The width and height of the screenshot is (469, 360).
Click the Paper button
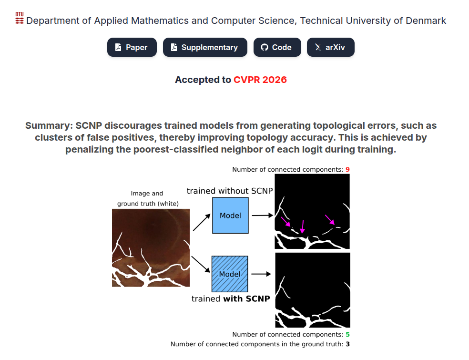point(132,47)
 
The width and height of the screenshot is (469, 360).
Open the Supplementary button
point(205,47)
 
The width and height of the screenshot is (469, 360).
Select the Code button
point(277,47)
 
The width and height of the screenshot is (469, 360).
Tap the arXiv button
point(330,47)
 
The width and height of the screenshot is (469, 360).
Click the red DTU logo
point(20,19)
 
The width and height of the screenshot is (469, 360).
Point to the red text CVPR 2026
point(260,80)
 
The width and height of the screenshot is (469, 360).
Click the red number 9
point(348,169)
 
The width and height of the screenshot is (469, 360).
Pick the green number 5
point(348,334)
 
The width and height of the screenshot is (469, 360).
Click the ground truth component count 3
point(348,344)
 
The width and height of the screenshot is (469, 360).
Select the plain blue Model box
point(230,216)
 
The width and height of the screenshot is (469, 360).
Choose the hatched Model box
point(230,274)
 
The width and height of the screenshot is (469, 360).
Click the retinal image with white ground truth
point(151,248)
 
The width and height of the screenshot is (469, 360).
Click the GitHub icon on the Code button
point(265,47)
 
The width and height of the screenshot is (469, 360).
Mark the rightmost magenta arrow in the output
point(330,220)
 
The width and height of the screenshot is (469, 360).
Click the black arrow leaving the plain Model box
point(262,216)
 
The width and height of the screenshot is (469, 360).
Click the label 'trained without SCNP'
point(230,191)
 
